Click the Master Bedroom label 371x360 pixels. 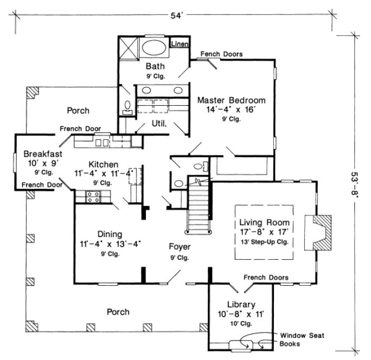(231, 100)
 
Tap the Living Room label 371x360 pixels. (264, 223)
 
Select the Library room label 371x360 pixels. (234, 304)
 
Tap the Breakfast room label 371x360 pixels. (39, 153)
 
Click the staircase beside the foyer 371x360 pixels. (199, 209)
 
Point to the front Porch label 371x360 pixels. (118, 312)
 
